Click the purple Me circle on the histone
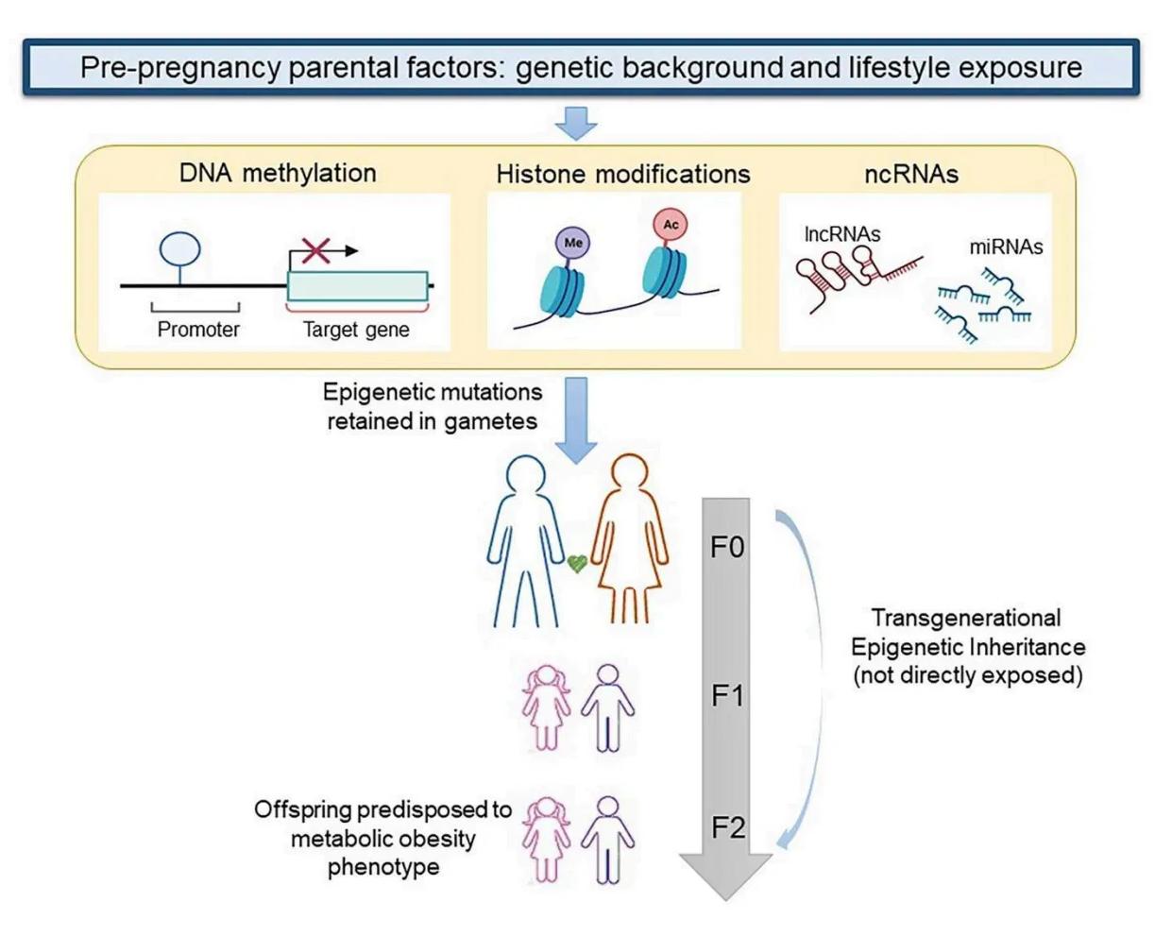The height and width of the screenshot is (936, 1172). [573, 243]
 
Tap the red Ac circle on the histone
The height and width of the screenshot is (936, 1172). [671, 225]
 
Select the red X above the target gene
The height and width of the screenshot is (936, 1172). [316, 250]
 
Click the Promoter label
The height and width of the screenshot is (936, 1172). [198, 330]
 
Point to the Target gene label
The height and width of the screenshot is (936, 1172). [356, 330]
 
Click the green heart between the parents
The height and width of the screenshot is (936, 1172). [577, 564]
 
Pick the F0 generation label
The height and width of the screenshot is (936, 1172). [727, 547]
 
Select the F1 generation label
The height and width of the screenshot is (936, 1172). [727, 696]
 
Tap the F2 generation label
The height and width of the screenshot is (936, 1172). [727, 828]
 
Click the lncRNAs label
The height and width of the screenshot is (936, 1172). [841, 233]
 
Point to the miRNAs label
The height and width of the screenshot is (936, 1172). [1006, 247]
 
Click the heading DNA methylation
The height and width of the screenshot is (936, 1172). [278, 173]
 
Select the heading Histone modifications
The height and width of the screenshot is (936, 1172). [623, 174]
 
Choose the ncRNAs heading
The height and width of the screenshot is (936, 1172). [911, 174]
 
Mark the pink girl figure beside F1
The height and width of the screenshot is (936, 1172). [547, 707]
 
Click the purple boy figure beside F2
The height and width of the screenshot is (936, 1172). [608, 840]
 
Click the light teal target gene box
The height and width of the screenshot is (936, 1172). [357, 286]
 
